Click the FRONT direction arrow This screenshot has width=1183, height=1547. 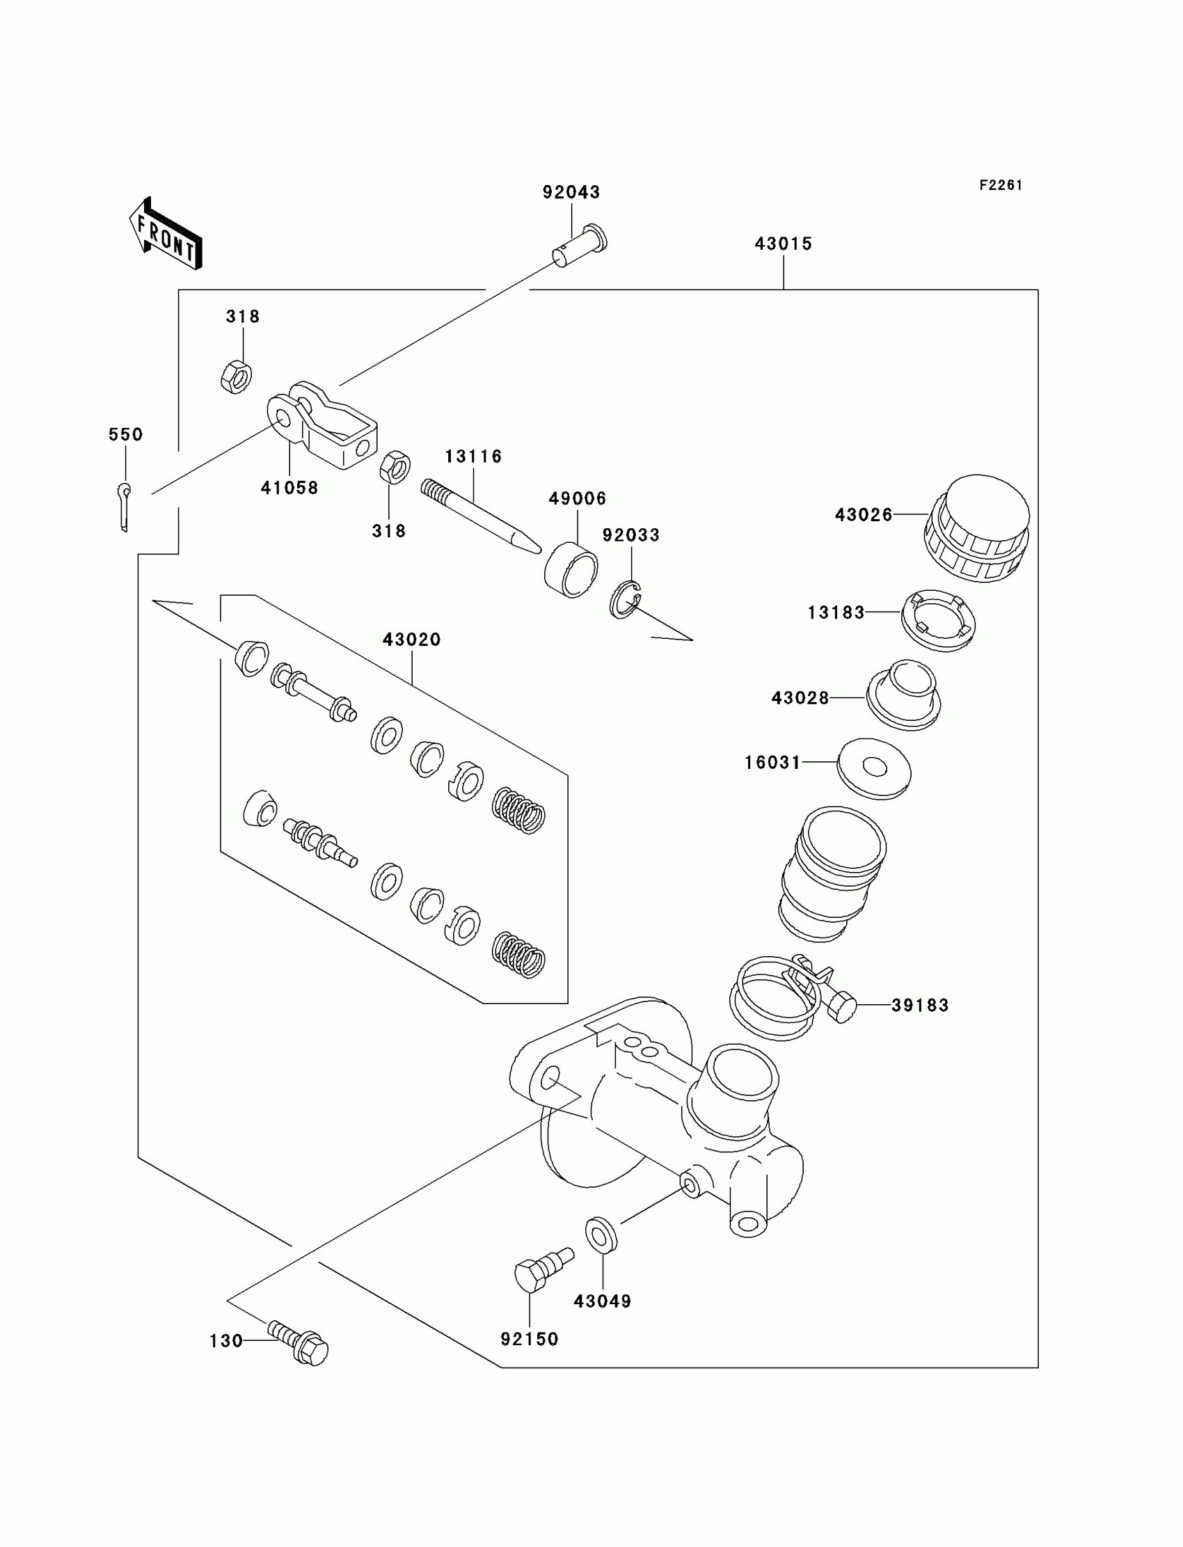click(x=166, y=235)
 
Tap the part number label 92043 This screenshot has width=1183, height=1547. click(x=571, y=192)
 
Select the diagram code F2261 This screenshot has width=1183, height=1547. click(x=1001, y=185)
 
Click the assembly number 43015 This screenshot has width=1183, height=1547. click(x=783, y=244)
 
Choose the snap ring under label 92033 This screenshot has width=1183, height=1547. click(x=625, y=600)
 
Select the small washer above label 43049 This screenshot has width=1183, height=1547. click(x=601, y=1234)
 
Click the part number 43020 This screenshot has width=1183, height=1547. click(x=411, y=640)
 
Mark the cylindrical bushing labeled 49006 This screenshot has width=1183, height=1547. click(x=571, y=570)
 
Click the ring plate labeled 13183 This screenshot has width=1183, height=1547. click(x=939, y=619)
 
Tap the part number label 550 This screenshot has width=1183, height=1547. click(x=125, y=434)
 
